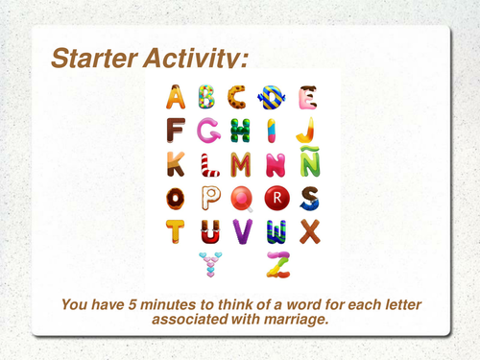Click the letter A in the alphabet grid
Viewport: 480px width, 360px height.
pos(177,96)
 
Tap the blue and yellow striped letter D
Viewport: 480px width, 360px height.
pos(273,96)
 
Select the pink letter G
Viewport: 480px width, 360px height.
pos(208,130)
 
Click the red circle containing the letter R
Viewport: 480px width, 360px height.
pos(276,199)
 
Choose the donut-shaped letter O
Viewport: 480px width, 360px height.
pos(177,199)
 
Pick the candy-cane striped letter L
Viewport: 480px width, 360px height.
pos(208,163)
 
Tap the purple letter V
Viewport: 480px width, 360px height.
pos(241,231)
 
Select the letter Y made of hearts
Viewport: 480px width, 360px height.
pos(208,263)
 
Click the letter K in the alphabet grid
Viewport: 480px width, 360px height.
pos(177,163)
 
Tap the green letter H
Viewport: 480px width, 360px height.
pos(241,130)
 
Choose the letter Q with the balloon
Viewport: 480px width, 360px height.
pos(243,199)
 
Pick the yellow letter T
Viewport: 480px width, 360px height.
pos(177,231)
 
